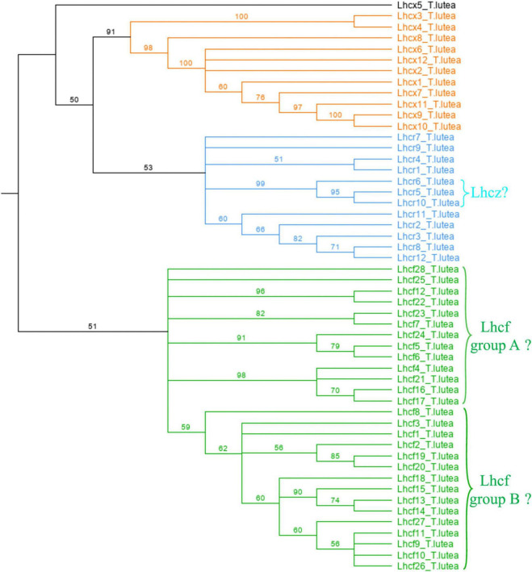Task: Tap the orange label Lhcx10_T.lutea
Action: pos(427,127)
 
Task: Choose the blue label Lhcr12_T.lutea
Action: pos(427,258)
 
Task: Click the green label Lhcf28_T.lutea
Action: pos(427,269)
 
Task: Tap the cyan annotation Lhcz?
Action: pos(496,194)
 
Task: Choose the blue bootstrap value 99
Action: pos(258,185)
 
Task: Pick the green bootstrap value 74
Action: pos(335,501)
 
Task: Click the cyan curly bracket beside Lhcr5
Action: pos(465,194)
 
